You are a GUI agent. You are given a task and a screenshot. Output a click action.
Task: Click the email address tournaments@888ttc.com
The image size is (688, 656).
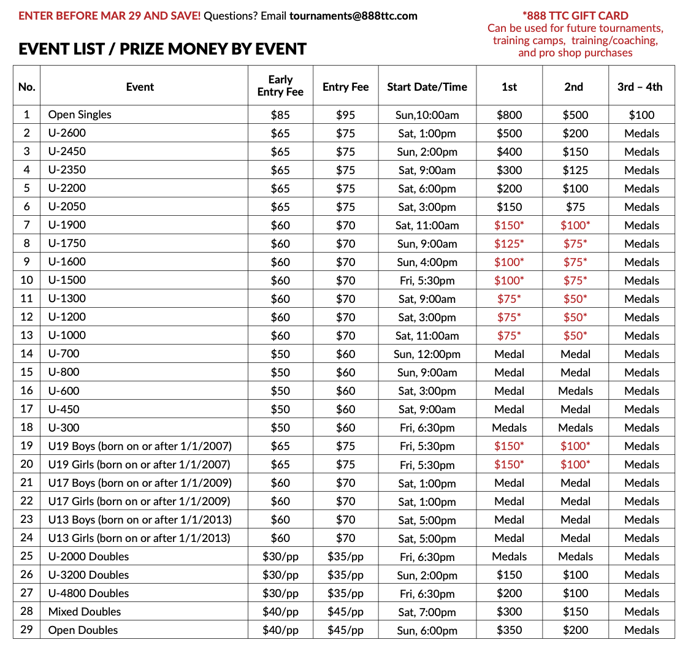(353, 16)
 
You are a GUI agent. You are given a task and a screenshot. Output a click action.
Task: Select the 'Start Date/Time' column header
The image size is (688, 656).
(427, 87)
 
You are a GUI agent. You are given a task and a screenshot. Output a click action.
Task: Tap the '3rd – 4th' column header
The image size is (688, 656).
(640, 87)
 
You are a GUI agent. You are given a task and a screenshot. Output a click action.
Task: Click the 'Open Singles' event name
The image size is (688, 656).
(80, 115)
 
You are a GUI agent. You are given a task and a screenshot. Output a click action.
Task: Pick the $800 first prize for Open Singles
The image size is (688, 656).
(509, 115)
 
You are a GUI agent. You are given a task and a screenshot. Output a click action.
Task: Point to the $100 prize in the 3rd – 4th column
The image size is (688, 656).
(641, 115)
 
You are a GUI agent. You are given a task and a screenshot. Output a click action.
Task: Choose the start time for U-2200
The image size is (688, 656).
(427, 189)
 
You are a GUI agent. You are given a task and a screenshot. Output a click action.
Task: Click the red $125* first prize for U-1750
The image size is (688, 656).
(509, 244)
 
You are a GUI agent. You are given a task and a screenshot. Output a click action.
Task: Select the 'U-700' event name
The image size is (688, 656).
(64, 354)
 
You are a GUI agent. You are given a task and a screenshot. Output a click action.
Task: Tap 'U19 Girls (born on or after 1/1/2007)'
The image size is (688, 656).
(139, 465)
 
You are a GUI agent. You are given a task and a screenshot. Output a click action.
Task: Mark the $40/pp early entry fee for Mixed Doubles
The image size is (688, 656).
(280, 612)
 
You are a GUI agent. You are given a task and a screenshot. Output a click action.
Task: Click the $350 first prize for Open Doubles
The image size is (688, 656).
(509, 630)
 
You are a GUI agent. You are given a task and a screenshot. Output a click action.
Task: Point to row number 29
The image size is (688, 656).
(26, 630)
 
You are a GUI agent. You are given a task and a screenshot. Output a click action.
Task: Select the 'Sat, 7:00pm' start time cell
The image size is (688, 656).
(427, 612)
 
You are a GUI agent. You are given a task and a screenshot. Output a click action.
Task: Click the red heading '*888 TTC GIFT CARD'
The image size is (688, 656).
(575, 16)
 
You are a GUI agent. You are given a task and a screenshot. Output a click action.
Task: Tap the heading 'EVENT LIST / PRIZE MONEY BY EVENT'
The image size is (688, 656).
(162, 49)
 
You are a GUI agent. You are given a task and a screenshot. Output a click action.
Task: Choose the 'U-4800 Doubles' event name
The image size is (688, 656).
(89, 593)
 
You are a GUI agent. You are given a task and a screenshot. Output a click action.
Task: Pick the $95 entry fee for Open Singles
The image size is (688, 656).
(345, 115)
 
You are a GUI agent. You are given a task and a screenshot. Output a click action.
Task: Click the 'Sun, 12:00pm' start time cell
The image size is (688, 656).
(427, 354)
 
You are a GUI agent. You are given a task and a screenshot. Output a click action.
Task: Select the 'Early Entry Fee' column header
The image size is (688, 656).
(280, 86)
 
